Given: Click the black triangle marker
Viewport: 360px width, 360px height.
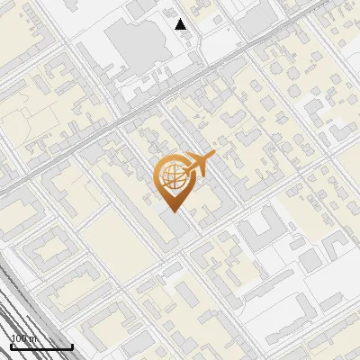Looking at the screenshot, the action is pyautogui.click(x=181, y=24).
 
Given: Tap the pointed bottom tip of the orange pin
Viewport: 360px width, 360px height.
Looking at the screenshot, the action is pyautogui.click(x=172, y=211).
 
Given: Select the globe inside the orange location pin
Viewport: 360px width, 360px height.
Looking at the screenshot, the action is pyautogui.click(x=172, y=177).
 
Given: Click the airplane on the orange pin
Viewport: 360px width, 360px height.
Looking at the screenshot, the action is pyautogui.click(x=199, y=165).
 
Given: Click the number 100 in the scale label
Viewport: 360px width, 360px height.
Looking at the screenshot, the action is pyautogui.click(x=18, y=339).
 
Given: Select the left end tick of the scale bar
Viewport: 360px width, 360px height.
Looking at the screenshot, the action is pyautogui.click(x=10, y=346).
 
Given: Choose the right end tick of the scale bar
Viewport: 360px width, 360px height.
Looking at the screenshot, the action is pyautogui.click(x=72, y=346).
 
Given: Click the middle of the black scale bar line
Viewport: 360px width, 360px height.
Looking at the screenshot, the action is pyautogui.click(x=40, y=347).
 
